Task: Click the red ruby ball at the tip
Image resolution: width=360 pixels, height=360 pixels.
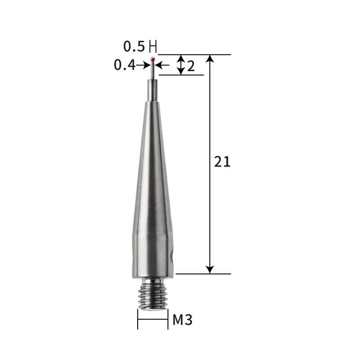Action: point(153,58)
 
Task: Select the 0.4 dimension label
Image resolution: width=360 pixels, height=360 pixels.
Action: point(125,65)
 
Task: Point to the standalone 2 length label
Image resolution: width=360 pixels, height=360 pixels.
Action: point(191,67)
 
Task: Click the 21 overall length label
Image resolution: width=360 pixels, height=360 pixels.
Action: point(222,162)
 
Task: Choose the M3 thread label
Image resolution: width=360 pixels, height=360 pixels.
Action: point(183,320)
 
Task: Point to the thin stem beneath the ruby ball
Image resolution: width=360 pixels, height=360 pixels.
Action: point(153,70)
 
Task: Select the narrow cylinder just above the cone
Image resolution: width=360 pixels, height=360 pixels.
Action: point(153,90)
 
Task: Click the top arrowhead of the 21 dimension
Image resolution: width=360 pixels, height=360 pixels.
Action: point(210,59)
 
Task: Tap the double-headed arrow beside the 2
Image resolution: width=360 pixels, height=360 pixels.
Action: point(180,65)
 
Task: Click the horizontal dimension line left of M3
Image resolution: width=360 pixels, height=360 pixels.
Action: point(153,320)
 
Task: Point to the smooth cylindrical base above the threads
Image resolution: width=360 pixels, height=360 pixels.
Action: point(153,256)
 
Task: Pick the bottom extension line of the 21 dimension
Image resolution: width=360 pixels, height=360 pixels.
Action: point(202,273)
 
